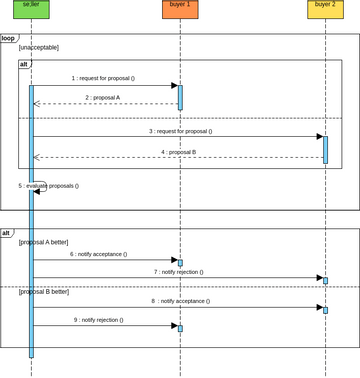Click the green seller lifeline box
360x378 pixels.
click(31, 10)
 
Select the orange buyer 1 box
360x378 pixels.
click(180, 10)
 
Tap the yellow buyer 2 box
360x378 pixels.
click(325, 10)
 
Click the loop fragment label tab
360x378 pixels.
click(9, 38)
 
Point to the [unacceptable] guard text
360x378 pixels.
click(39, 48)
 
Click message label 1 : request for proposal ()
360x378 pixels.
click(103, 77)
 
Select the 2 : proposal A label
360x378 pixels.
click(103, 97)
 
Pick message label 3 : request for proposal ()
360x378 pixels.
click(181, 131)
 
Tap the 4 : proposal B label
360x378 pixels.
click(179, 152)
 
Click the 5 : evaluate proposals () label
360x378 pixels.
click(48, 185)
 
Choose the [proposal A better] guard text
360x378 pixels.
click(45, 243)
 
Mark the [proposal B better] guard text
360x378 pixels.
click(45, 292)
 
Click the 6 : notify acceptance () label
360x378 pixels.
click(99, 254)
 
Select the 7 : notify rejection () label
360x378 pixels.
click(181, 272)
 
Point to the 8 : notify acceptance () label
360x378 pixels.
click(181, 301)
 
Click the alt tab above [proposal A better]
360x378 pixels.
click(7, 233)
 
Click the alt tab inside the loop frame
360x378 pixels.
click(25, 64)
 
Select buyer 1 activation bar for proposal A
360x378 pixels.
click(180, 97)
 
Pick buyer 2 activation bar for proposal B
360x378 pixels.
click(325, 149)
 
